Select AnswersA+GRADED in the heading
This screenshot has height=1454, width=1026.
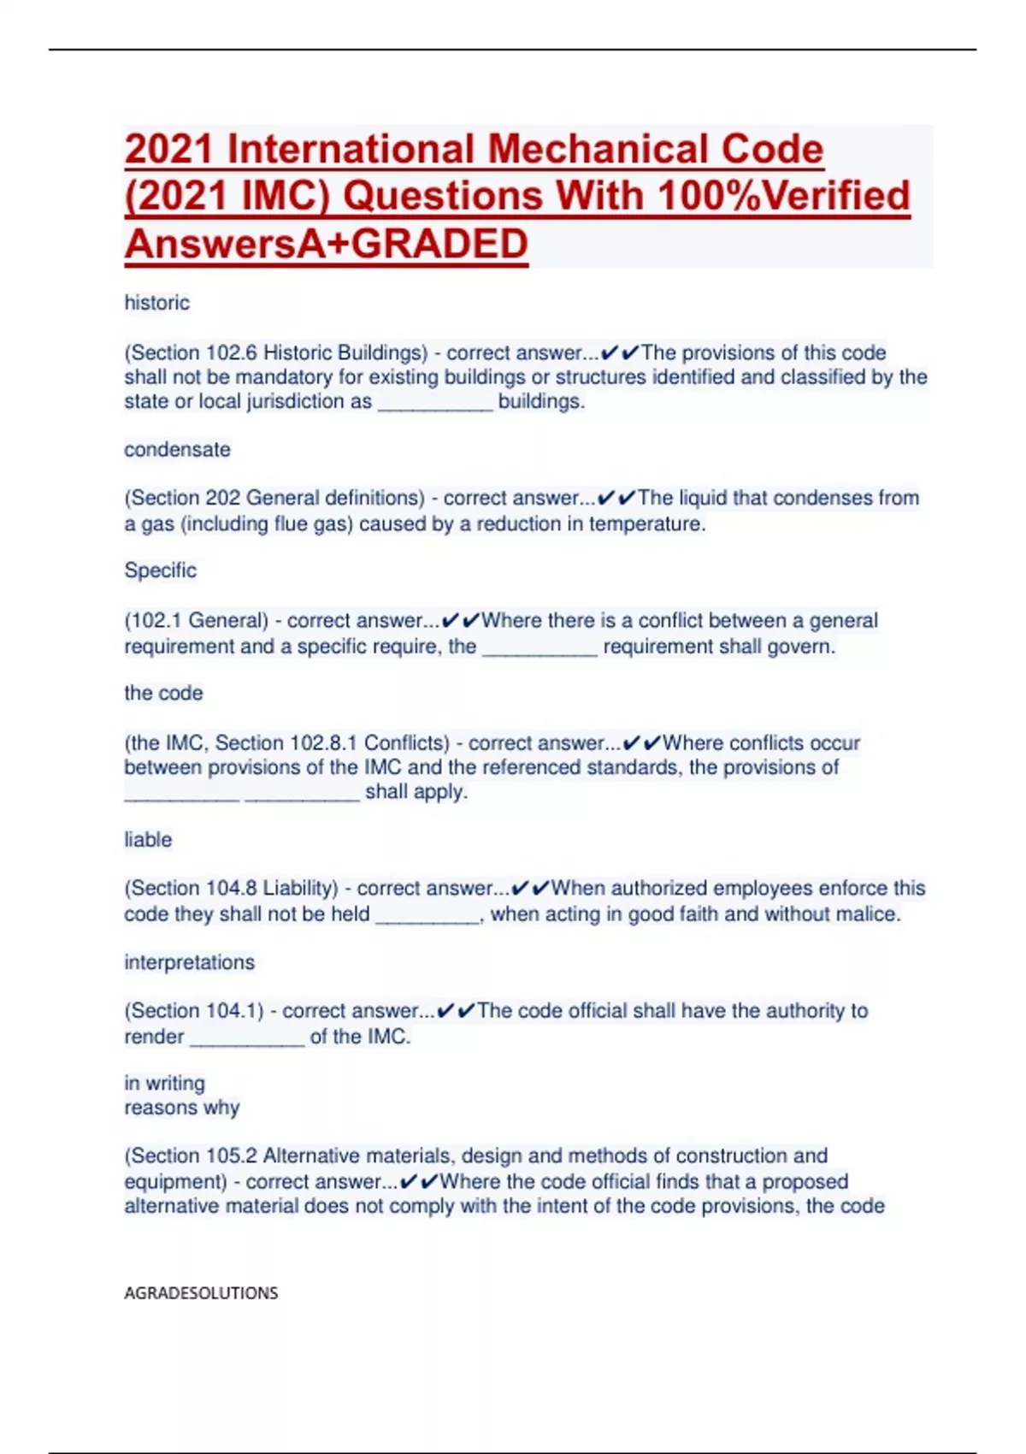(x=327, y=244)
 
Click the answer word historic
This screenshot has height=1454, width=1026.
(x=157, y=303)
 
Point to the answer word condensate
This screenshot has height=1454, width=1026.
(x=177, y=450)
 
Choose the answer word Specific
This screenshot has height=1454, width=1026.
(x=161, y=570)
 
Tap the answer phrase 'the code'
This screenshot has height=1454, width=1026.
(x=163, y=693)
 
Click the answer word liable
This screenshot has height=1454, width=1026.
(x=148, y=840)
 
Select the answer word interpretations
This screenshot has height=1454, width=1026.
(x=189, y=962)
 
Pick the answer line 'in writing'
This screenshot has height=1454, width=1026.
(x=164, y=1083)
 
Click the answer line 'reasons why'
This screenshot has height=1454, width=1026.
(x=181, y=1108)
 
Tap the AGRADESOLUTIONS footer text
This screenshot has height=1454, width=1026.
(x=201, y=1293)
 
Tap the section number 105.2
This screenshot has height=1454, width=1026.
(x=231, y=1156)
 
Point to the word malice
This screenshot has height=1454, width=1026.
(x=872, y=914)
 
